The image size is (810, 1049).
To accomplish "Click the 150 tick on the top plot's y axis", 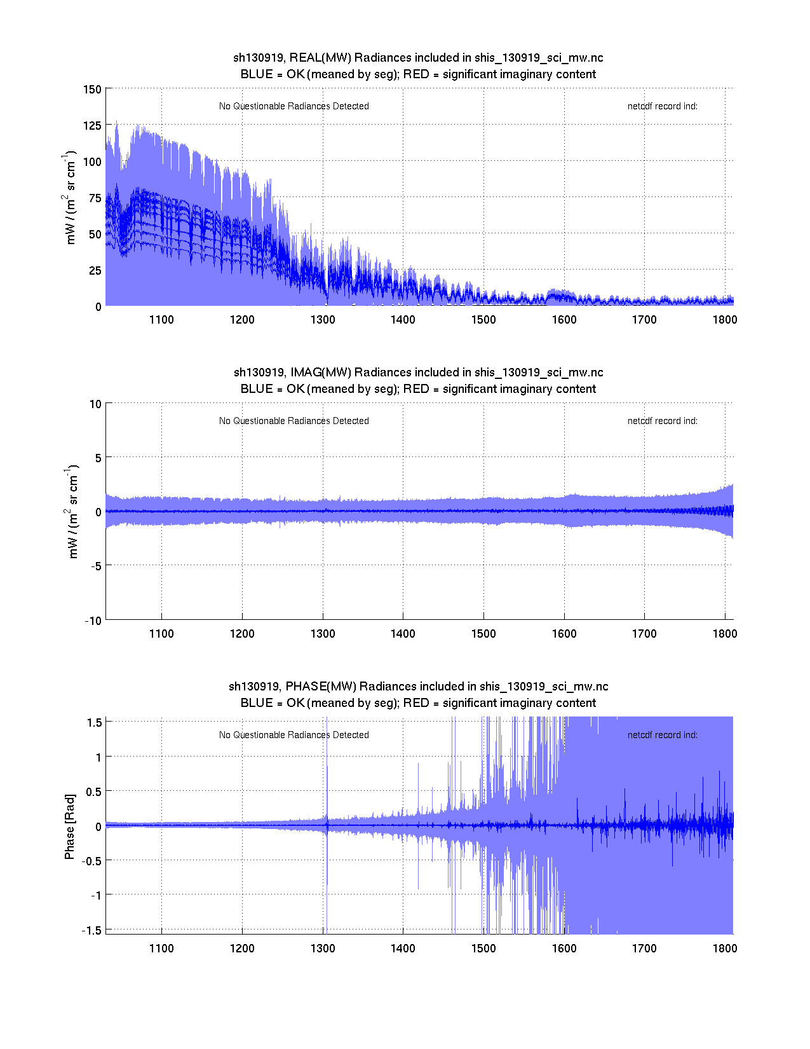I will tap(92, 89).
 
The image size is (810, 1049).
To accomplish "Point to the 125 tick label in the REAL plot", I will tap(92, 125).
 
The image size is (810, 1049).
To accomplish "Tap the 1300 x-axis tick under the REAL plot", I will tap(323, 320).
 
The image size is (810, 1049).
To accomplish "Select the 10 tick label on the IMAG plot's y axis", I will tap(95, 404).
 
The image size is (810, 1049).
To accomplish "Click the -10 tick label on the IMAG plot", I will tap(93, 621).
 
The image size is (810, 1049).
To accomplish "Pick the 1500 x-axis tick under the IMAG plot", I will tap(483, 634).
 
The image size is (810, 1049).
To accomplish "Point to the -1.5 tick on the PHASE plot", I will tap(91, 930).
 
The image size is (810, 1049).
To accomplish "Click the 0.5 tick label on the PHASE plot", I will tap(93, 792).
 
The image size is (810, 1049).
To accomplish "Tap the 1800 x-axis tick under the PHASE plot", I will tap(725, 949).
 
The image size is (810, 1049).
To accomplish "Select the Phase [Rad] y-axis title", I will tap(70, 826).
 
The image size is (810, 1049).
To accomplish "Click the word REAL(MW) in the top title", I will tap(320, 58).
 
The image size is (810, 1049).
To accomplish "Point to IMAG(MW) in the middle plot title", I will tap(321, 373).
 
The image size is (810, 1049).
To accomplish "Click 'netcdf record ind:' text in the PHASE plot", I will tap(663, 735).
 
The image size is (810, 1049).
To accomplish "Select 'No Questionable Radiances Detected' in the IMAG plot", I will tap(294, 421).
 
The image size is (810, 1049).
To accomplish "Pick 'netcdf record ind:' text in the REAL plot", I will tap(663, 106).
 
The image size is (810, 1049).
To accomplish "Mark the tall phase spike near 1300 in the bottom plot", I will tap(327, 763).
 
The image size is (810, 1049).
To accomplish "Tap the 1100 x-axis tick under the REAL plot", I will tap(161, 320).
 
